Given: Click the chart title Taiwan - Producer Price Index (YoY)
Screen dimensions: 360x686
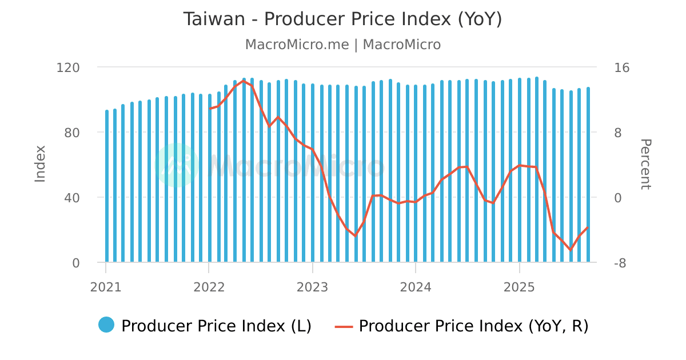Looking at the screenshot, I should coord(342,19).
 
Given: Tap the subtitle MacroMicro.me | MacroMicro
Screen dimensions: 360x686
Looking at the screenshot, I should coord(342,45).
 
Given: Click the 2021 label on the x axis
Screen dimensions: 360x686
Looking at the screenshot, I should coord(106,286).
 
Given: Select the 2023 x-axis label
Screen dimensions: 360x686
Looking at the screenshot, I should coord(313,286).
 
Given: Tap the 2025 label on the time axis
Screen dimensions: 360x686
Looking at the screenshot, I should coord(519,286).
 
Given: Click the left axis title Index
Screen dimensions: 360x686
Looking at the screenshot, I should coord(40,164).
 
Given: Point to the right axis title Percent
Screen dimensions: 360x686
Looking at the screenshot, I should coord(645,164).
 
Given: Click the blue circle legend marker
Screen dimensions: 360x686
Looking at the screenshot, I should coord(106,325).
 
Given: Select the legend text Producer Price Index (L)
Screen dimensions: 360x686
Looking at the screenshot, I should coord(216,326).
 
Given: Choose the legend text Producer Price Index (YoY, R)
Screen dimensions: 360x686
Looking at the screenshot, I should coord(473,326).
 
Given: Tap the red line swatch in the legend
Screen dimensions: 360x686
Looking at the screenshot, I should coord(344,326).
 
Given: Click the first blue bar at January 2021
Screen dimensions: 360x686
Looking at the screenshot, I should coord(107,186).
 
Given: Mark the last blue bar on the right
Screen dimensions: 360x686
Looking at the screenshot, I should coord(588,175).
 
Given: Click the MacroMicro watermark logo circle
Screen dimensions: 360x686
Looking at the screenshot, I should coord(177,165).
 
